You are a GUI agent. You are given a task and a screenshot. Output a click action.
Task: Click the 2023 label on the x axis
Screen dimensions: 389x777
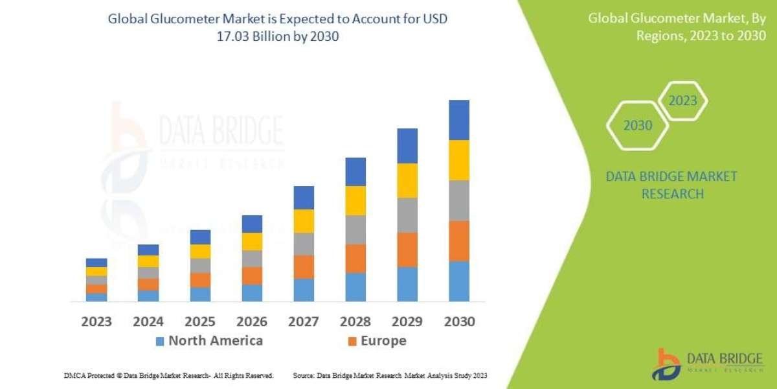96,322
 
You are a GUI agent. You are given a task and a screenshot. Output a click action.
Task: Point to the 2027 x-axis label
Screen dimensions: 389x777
304,322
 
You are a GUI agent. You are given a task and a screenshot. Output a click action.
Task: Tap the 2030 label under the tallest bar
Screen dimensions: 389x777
459,322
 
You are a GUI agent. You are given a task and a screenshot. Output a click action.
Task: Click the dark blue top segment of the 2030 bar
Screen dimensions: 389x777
459,120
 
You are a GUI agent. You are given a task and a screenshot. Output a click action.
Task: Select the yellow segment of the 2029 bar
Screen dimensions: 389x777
407,180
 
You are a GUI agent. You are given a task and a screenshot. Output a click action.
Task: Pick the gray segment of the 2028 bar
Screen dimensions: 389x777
355,230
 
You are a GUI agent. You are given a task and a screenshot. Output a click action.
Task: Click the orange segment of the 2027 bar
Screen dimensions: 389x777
304,266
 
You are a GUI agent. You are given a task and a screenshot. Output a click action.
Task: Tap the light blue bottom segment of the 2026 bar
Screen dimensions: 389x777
252,293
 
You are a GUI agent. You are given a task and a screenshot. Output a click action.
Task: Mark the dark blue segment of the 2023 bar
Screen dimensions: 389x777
96,263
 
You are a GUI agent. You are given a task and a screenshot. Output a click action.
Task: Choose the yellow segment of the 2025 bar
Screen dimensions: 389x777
200,252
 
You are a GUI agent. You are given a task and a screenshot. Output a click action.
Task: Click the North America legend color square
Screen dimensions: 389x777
160,341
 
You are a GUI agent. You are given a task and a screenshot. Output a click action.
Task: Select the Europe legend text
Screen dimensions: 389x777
384,341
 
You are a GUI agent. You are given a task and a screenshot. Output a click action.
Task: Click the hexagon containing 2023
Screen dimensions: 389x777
682,101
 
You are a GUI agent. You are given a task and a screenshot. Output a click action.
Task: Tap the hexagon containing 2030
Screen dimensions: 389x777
638,126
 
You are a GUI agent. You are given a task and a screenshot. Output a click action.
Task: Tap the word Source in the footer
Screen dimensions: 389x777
304,375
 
